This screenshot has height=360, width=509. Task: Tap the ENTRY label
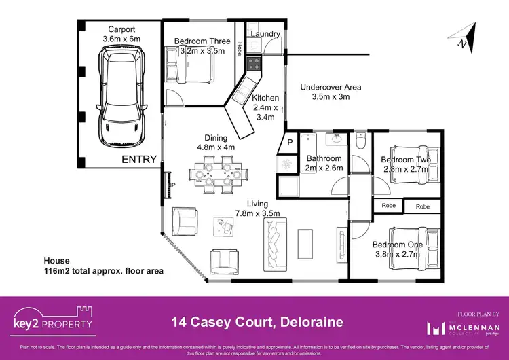(x=139, y=160)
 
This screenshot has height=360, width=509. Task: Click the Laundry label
(x=265, y=33)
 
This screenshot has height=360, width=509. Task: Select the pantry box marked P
(x=289, y=143)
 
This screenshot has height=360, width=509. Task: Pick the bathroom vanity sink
(x=335, y=139)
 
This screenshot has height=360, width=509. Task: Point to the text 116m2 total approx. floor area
(x=103, y=270)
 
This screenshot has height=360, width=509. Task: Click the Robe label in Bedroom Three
(x=240, y=48)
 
